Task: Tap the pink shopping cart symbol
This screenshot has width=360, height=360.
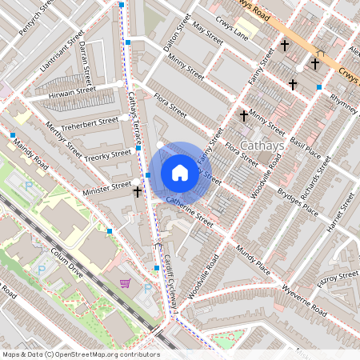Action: point(126,282)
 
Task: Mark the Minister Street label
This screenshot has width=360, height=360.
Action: point(106,186)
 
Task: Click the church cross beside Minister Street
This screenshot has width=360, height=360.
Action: point(138,192)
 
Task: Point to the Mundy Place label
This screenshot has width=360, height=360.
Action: point(254,262)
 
